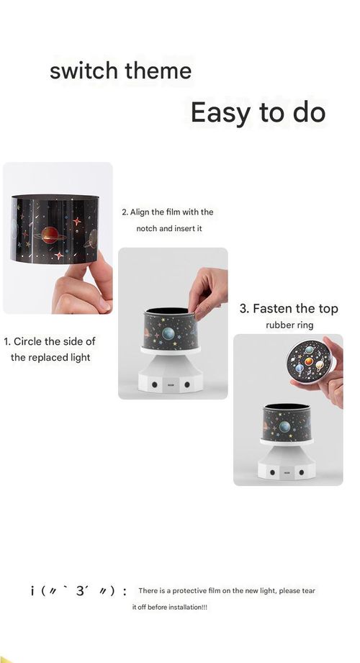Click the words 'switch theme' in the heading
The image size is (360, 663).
[x=120, y=71]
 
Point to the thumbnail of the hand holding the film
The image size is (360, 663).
[x=58, y=238]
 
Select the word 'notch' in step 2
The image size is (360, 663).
[x=149, y=228]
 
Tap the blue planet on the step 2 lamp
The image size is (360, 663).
[x=167, y=333]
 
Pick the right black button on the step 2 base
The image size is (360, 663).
[x=188, y=385]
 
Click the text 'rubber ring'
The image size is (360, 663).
[x=289, y=325]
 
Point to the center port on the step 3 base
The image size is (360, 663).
[x=287, y=473]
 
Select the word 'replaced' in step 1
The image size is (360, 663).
[x=50, y=357]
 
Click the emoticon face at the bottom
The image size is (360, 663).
[x=79, y=592]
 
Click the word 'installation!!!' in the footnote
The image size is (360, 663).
[x=179, y=608]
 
